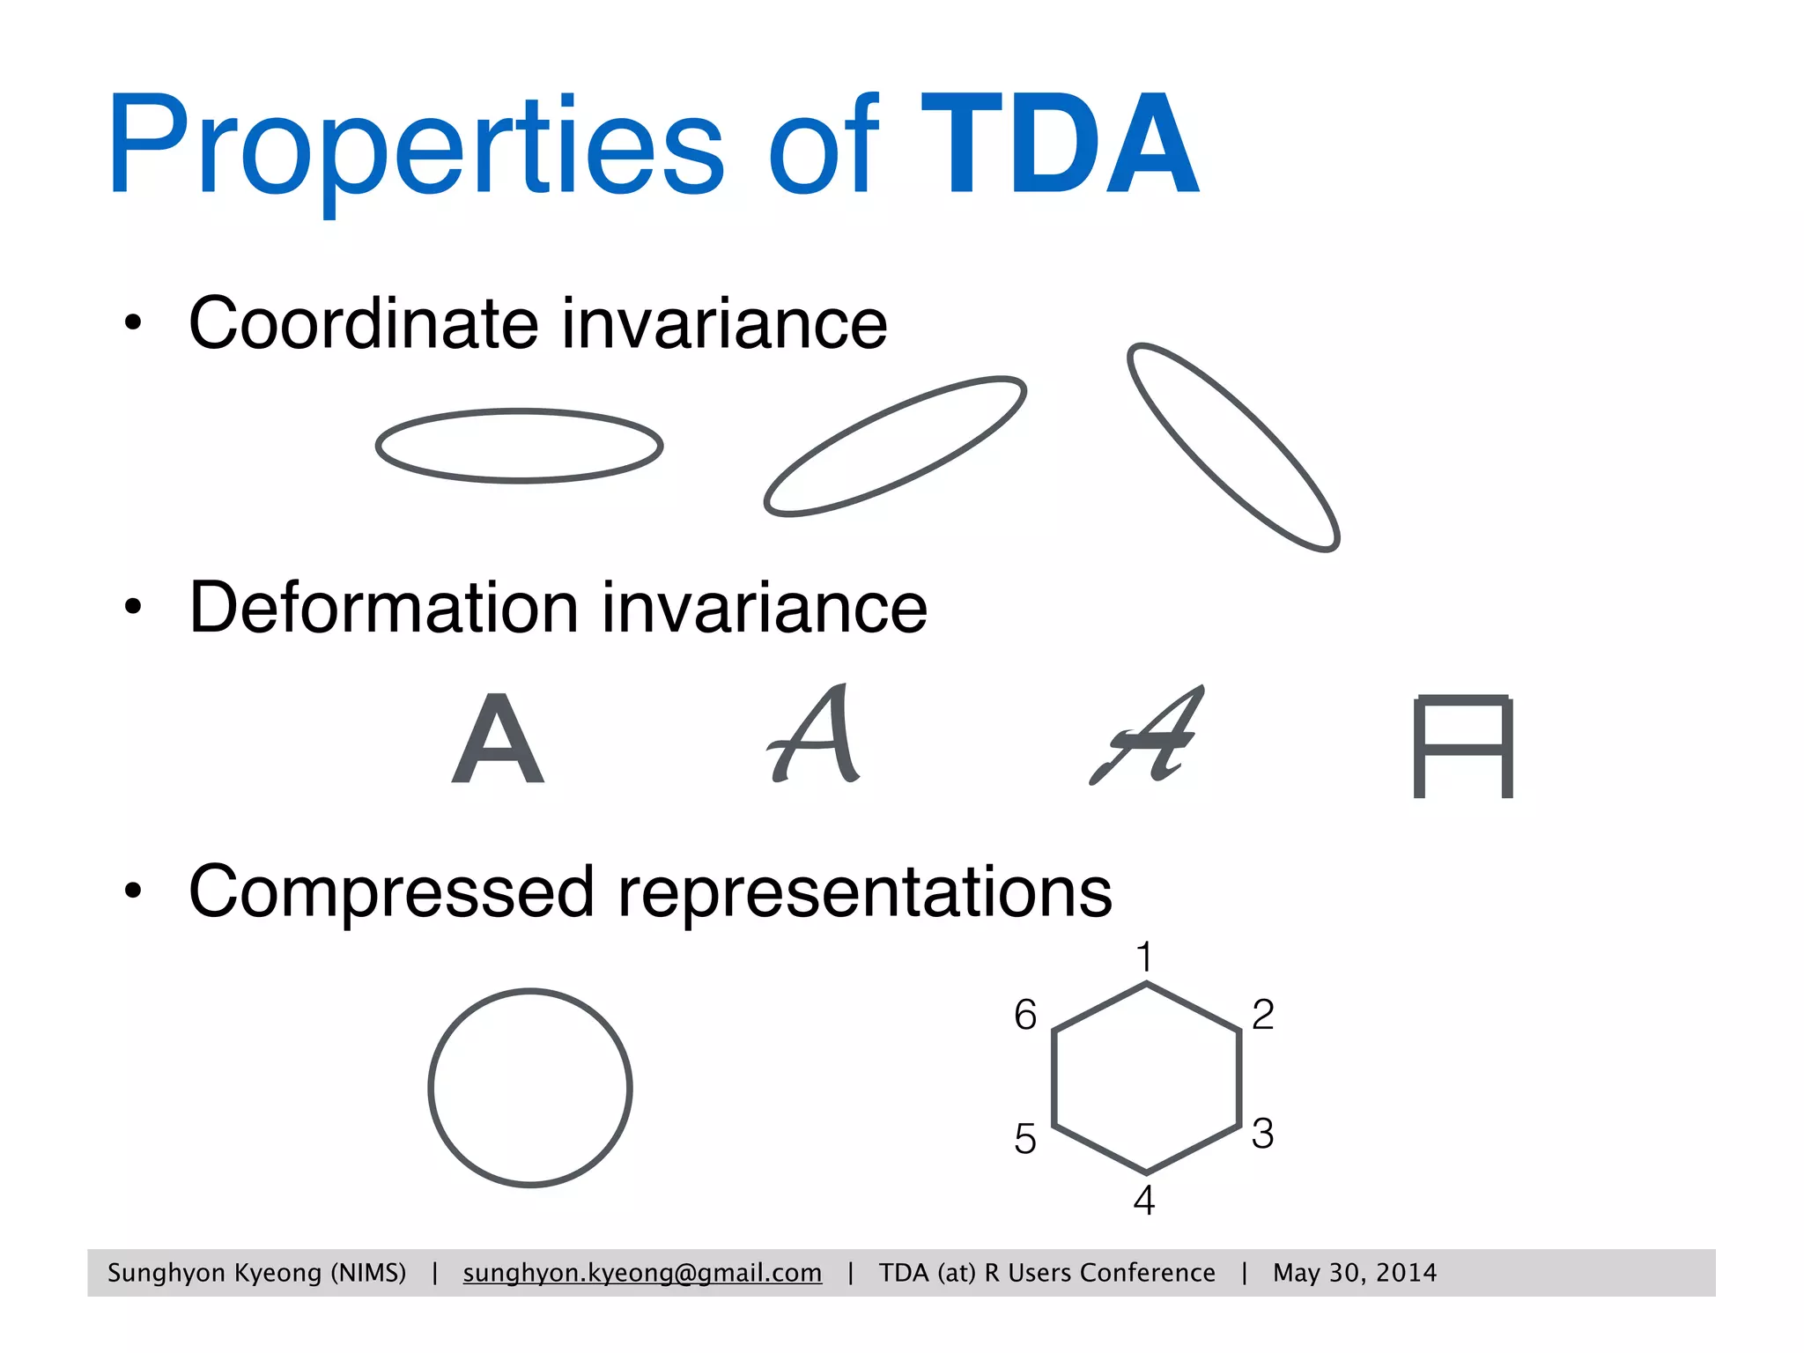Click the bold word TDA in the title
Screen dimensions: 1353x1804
pos(1060,145)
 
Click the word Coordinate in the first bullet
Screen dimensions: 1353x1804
pos(363,323)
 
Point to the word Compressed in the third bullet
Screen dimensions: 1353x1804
pos(391,892)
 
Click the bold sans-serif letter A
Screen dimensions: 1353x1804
pos(498,739)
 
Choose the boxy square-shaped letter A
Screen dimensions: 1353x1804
pos(1463,747)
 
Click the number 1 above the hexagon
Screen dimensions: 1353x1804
pos(1144,957)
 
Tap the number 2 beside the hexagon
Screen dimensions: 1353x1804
pos(1262,1015)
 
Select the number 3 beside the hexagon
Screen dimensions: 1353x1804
pos(1262,1134)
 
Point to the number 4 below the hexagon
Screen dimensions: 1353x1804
pos(1143,1201)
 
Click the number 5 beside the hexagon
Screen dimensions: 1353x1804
pos(1024,1139)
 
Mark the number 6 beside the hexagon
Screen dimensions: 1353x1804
pos(1024,1015)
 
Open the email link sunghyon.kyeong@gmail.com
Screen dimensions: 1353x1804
pos(642,1273)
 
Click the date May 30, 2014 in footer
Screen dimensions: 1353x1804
pos(1354,1273)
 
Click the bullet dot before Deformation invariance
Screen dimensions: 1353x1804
pos(133,607)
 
